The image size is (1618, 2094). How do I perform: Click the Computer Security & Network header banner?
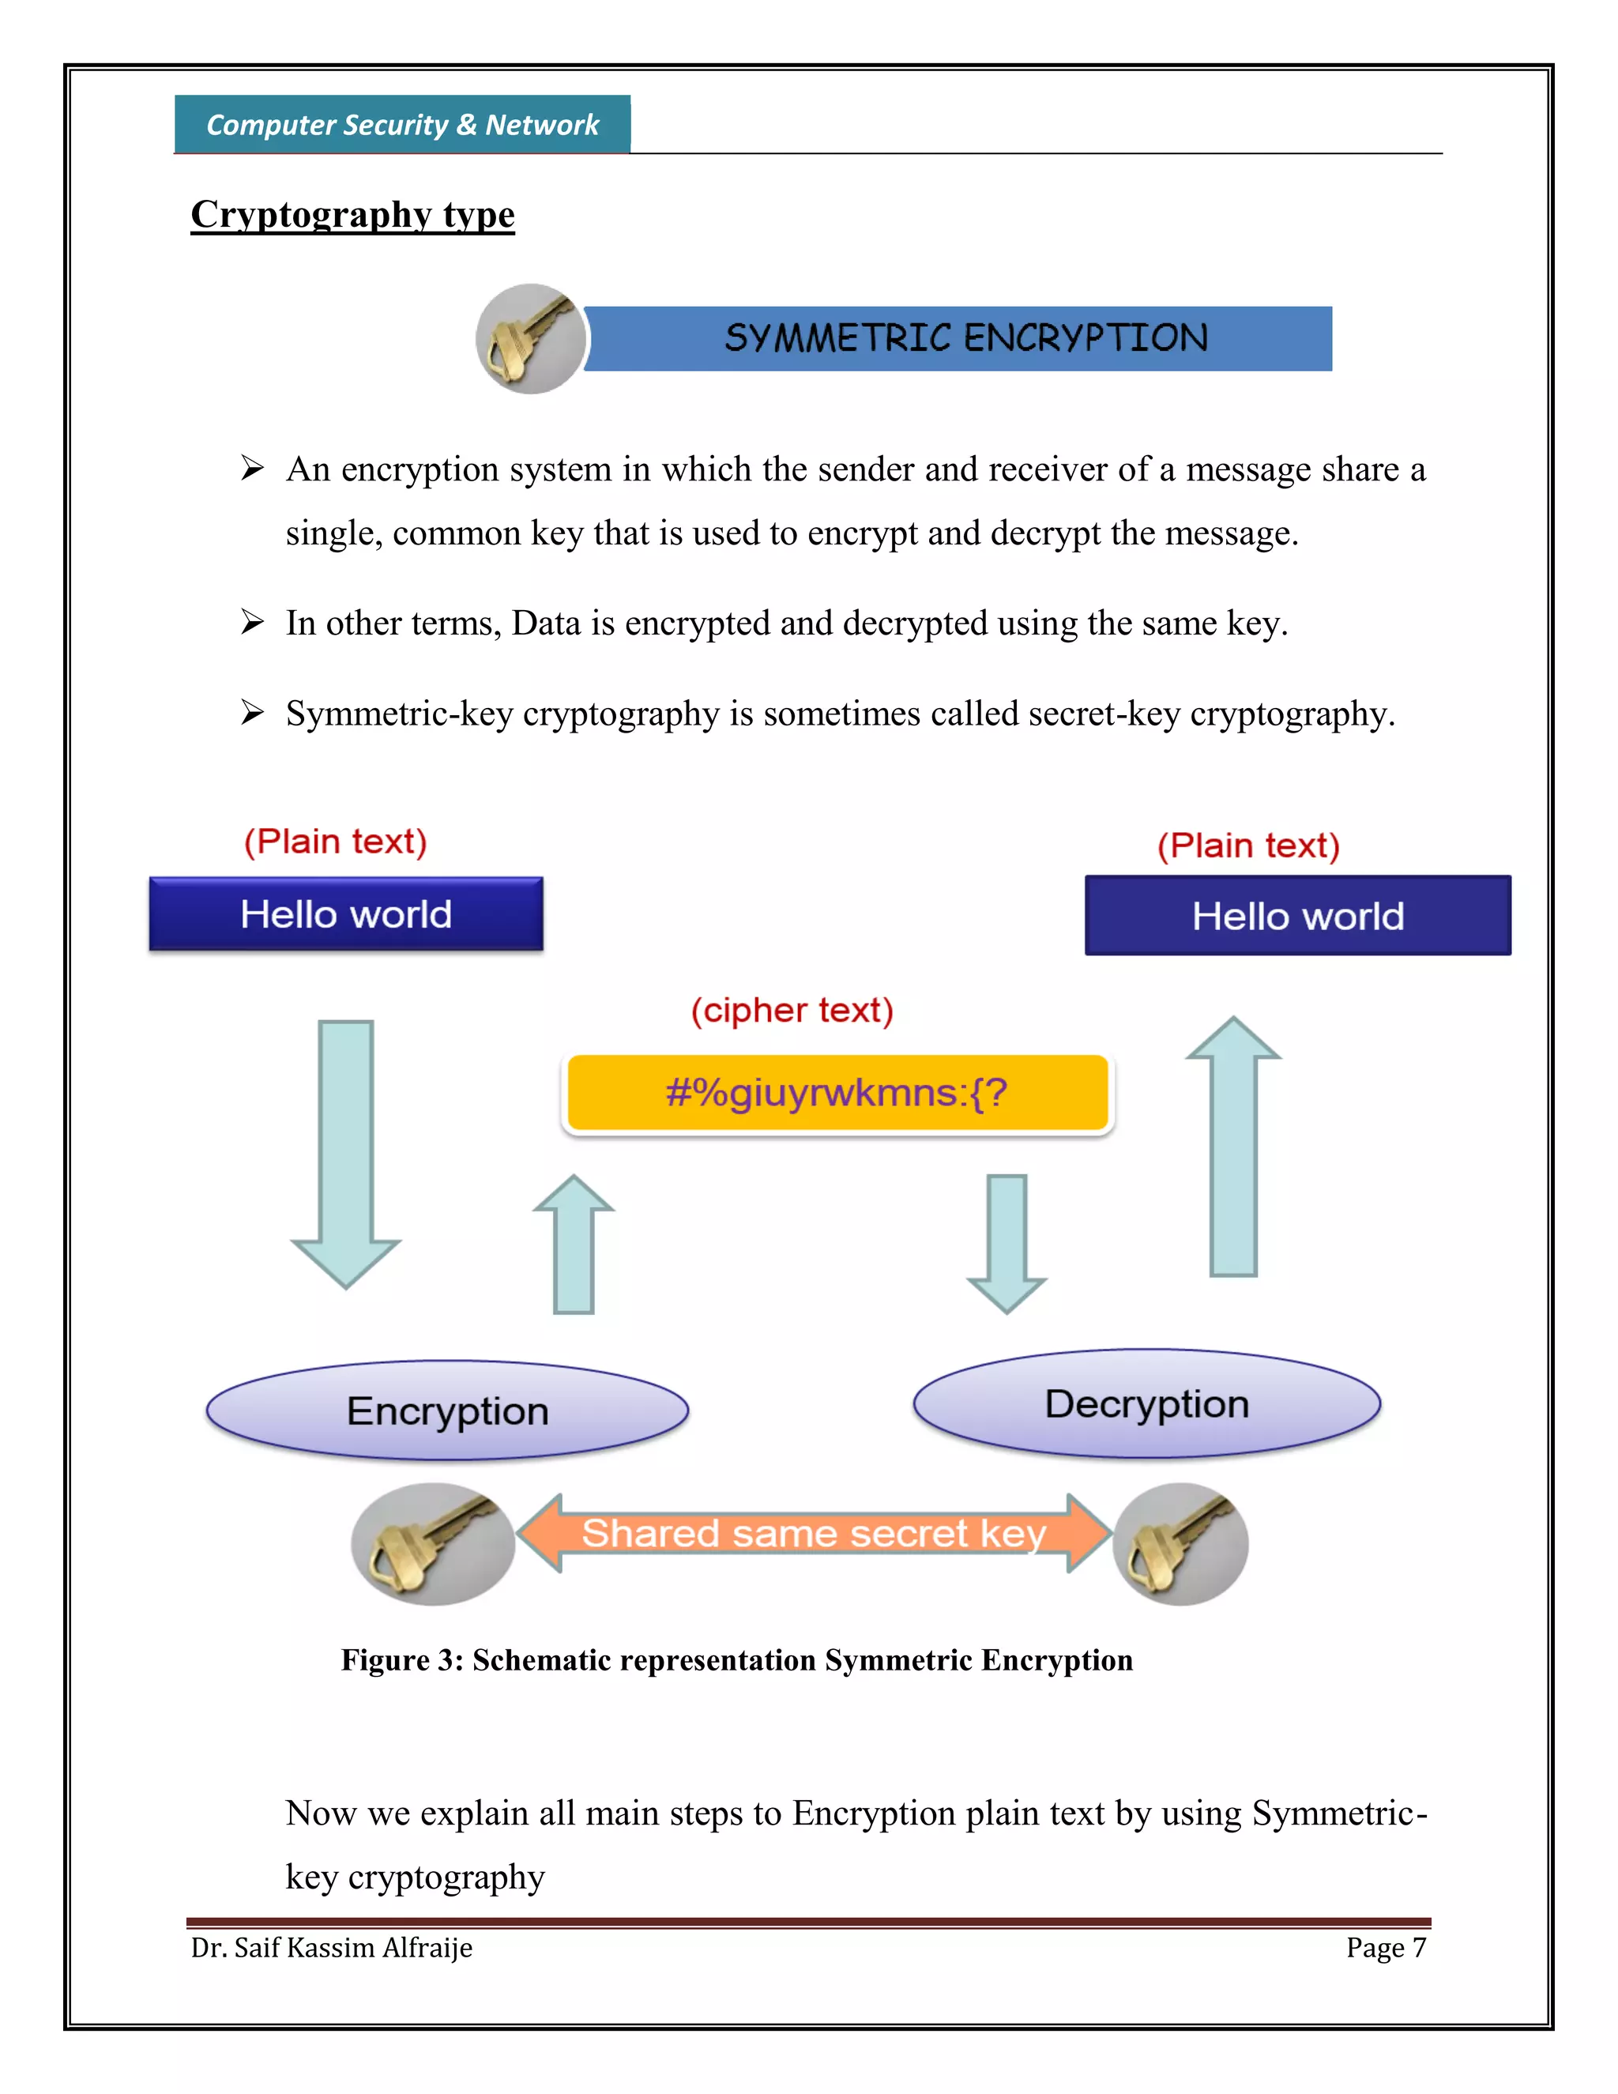pos(401,125)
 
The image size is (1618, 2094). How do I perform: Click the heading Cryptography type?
pos(352,214)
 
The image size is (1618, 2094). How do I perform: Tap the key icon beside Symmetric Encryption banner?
pos(530,338)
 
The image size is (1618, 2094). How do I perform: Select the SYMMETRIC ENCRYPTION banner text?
pos(965,338)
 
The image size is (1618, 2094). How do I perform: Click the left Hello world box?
pos(346,913)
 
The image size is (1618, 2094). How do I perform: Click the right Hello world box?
pos(1297,916)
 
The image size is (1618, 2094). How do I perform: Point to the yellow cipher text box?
pos(837,1092)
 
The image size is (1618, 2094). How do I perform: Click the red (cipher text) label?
pos(792,1011)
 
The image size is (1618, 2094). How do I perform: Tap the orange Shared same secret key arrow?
pos(813,1533)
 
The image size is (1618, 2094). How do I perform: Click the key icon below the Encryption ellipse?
pos(432,1544)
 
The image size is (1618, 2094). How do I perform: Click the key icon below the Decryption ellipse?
pos(1180,1544)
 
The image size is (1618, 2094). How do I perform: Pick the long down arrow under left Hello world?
pos(346,1151)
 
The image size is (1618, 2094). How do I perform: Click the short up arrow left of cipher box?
pos(574,1246)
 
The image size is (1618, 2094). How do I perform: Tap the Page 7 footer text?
pos(1385,1947)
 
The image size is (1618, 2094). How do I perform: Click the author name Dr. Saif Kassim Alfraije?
pos(332,1947)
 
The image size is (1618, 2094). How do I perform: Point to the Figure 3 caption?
pos(736,1659)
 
